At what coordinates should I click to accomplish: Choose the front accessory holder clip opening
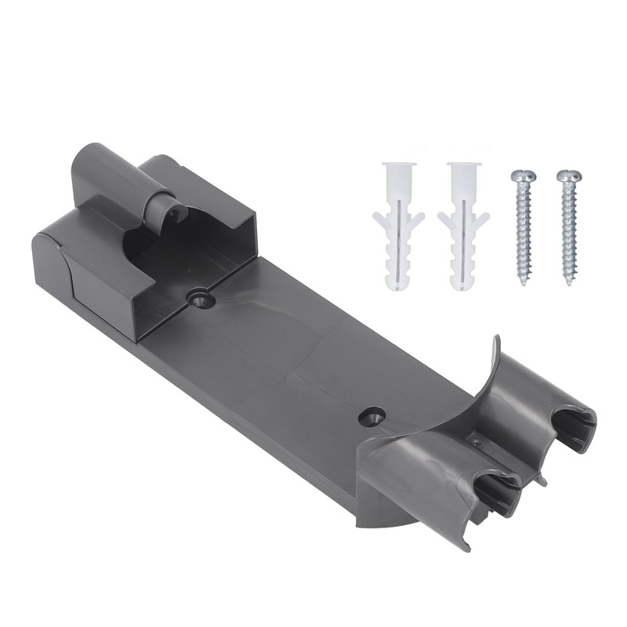(498, 490)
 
